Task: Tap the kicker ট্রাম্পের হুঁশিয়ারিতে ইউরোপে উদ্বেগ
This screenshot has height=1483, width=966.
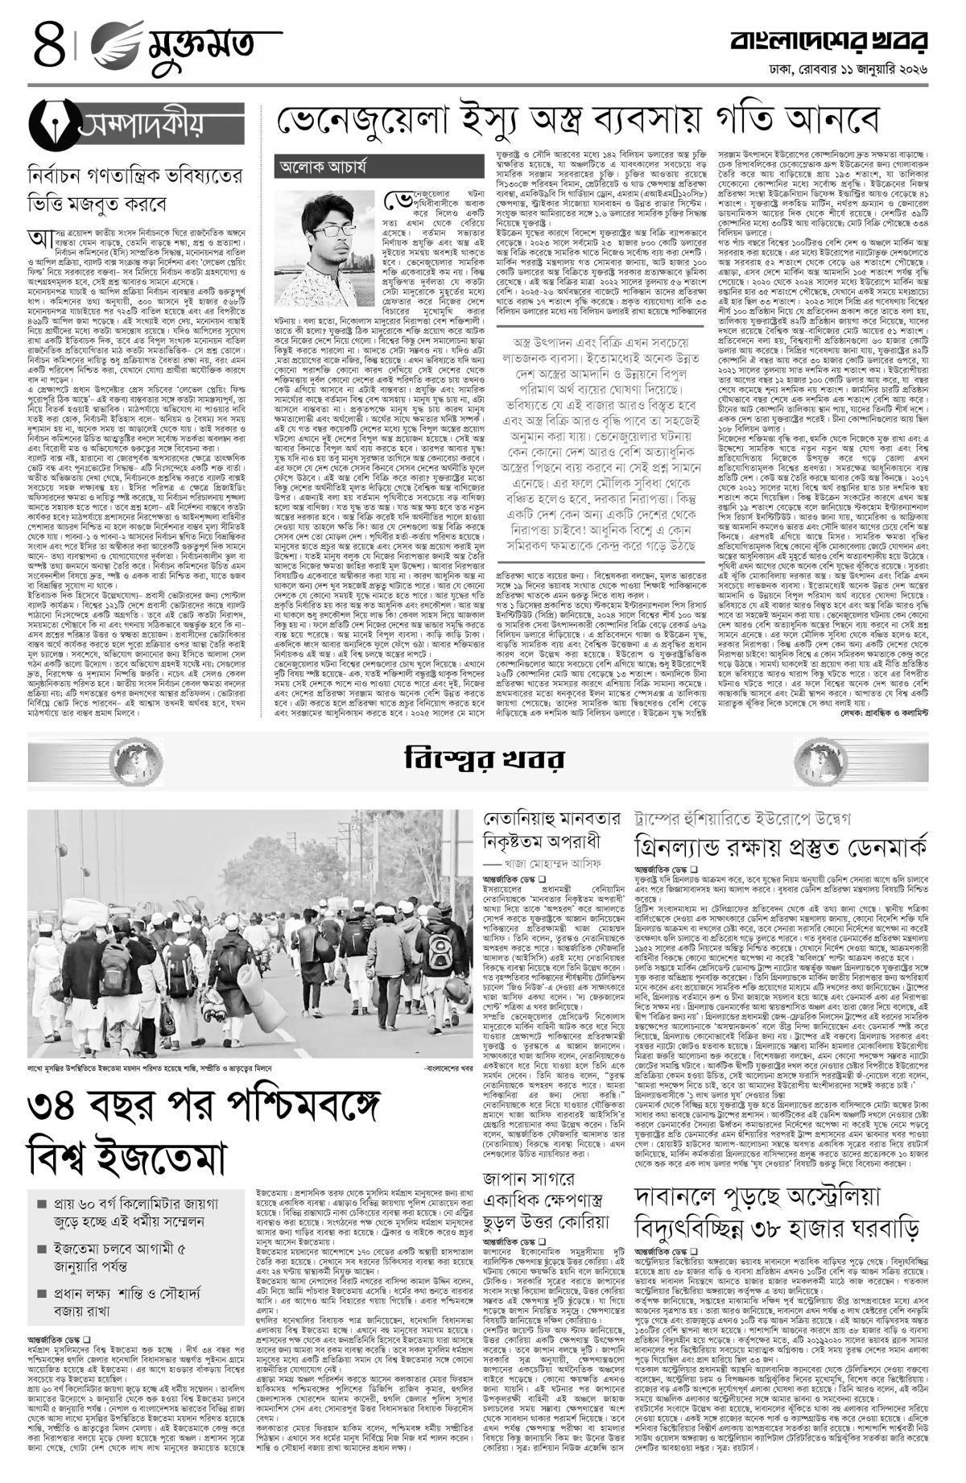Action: pos(753,817)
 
